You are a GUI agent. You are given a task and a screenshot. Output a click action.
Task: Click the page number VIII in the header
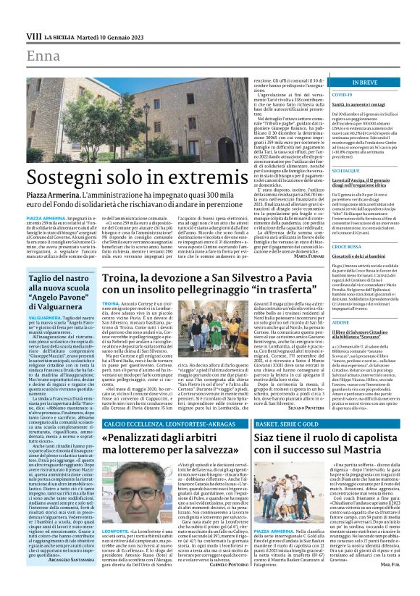(33, 36)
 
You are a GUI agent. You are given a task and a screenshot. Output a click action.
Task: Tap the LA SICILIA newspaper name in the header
(60, 36)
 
